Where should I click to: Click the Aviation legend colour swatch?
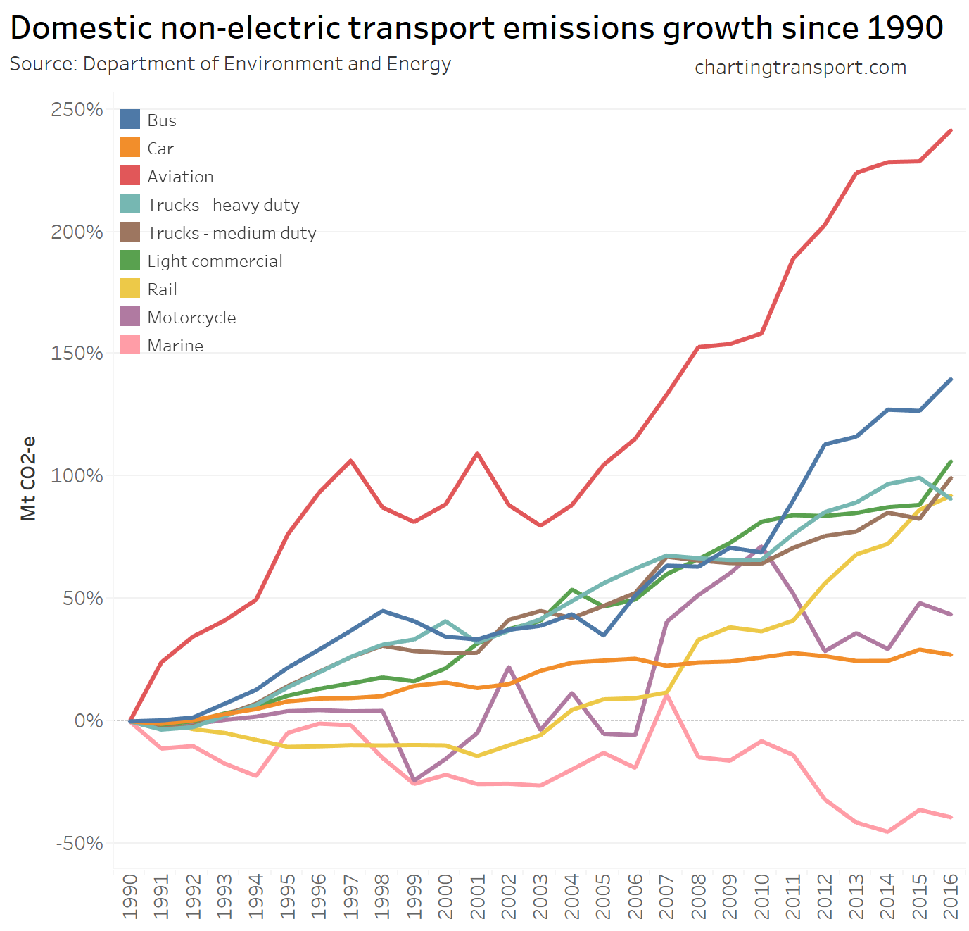pos(130,176)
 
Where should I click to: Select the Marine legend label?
pos(175,346)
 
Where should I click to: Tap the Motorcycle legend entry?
pos(191,318)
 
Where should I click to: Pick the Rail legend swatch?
pos(130,289)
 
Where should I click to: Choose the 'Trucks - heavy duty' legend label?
pos(223,205)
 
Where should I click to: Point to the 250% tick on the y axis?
pos(77,110)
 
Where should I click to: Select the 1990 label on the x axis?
pos(130,896)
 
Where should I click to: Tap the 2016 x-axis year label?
pos(951,896)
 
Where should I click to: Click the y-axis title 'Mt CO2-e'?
pos(28,479)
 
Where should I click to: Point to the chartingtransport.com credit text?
pos(800,68)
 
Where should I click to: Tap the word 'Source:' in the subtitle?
pos(43,64)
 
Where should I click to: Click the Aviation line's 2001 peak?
pos(478,454)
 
